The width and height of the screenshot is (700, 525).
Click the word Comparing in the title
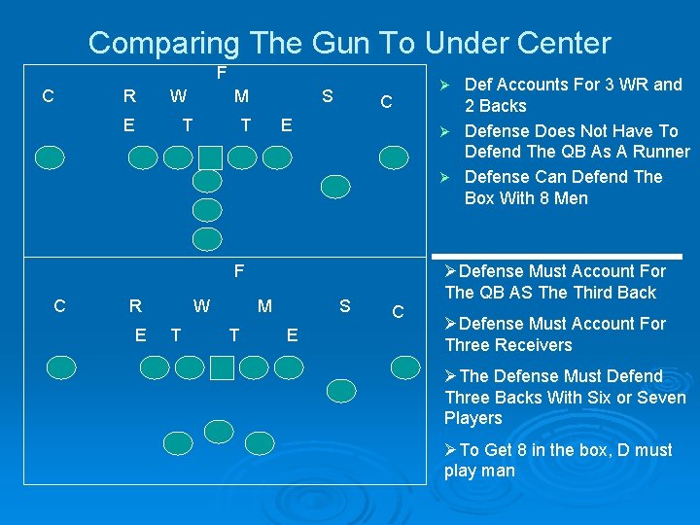[163, 43]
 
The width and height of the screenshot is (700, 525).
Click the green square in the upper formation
[210, 157]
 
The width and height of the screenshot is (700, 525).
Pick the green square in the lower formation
[222, 367]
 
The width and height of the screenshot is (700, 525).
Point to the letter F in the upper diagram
[222, 73]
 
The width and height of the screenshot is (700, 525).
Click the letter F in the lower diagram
[238, 270]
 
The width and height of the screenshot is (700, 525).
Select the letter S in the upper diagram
[328, 96]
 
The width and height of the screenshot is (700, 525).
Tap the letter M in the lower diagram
[264, 307]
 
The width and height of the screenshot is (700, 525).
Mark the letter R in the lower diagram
[135, 306]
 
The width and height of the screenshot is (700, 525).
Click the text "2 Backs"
[495, 106]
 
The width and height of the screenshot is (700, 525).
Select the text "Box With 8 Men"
[526, 198]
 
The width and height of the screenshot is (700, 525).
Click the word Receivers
[532, 345]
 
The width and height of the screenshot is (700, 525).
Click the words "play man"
[479, 472]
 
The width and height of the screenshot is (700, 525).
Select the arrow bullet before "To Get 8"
[450, 450]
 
